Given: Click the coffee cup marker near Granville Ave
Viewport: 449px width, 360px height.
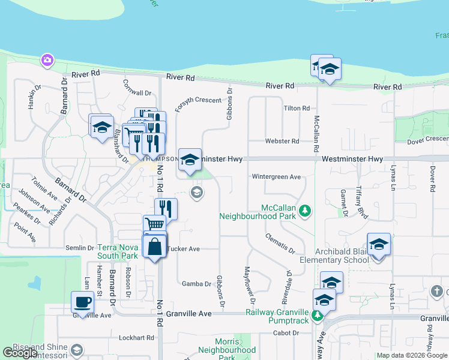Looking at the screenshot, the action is (83, 302).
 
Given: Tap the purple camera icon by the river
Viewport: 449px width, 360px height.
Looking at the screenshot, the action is (47, 60).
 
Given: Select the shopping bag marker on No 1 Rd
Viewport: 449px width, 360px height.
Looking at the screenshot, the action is (154, 246).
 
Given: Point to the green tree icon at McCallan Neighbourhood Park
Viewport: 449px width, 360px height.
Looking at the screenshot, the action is (306, 211).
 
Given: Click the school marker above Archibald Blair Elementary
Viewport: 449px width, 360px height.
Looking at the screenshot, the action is (379, 244).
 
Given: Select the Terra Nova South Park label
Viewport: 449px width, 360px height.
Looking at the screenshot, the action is (118, 251).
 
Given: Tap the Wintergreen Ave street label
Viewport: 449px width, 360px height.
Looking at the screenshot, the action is (276, 177).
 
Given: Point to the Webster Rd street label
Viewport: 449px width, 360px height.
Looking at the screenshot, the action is (282, 141).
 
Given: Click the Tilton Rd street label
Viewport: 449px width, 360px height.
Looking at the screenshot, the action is (297, 109).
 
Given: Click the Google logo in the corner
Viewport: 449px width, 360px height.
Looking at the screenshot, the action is (20, 353).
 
